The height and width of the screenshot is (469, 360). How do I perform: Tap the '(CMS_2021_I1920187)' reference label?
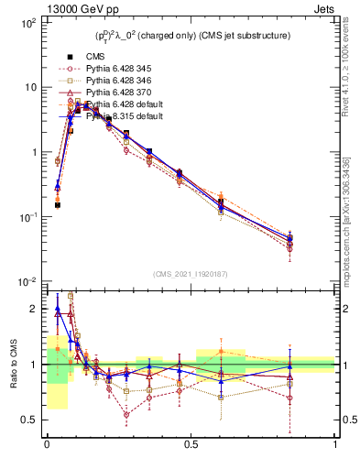pos(190,273)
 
